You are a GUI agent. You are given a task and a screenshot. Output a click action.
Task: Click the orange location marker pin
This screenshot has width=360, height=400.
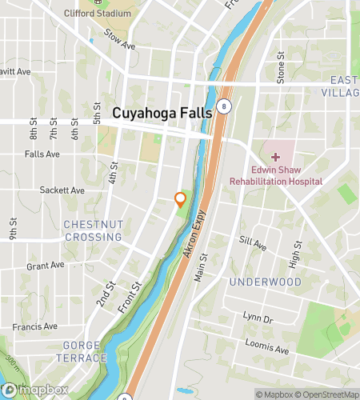pos(181,199)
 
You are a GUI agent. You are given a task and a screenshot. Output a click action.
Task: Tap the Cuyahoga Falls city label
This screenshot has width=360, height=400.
pos(162,114)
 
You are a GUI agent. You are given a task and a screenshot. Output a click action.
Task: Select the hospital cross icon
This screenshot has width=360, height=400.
pos(275,158)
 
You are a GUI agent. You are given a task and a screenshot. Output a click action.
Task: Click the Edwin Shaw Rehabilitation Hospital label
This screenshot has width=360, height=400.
pos(276,176)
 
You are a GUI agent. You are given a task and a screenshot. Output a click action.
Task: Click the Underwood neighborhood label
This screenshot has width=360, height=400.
pos(265,282)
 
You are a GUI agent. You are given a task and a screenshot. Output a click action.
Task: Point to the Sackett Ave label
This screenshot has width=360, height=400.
pos(62,190)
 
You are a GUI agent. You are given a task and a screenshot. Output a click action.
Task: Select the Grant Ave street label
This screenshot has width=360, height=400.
pos(45,266)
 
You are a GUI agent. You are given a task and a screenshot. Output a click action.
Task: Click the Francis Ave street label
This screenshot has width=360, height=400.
pos(35,326)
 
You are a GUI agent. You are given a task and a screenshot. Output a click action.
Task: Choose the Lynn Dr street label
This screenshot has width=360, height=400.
pos(258,318)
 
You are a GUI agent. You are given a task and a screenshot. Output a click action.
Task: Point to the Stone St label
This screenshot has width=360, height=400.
pos(281,68)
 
